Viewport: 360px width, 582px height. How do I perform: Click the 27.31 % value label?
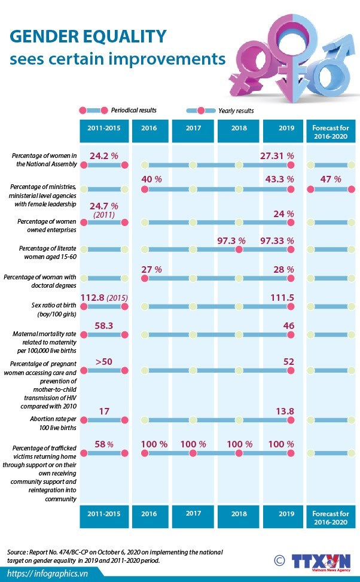[277, 156]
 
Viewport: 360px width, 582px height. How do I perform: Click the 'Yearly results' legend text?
[236, 111]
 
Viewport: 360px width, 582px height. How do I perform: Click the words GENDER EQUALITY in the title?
[87, 37]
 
